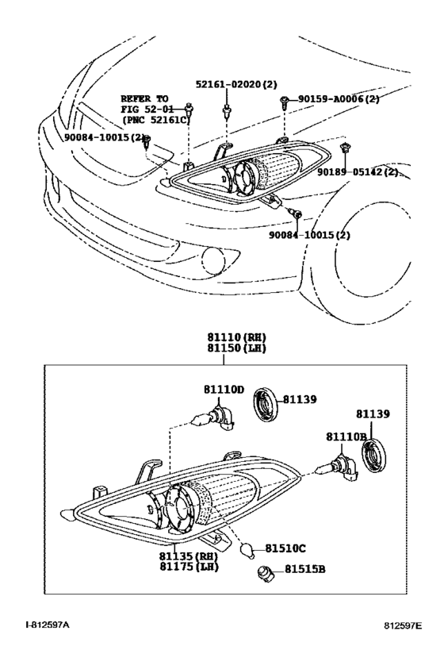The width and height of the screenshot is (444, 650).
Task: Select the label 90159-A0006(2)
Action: [x=340, y=99]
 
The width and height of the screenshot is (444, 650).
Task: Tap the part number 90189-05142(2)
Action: [x=358, y=171]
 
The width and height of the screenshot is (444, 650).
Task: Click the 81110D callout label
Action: [x=224, y=390]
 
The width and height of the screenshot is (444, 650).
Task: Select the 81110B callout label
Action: [x=346, y=437]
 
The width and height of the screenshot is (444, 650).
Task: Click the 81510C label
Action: [x=285, y=548]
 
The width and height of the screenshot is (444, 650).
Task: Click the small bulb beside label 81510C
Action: [x=247, y=548]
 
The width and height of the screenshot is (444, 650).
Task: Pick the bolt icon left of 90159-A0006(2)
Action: [x=285, y=100]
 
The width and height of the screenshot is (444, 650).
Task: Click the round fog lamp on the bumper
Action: [x=215, y=259]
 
